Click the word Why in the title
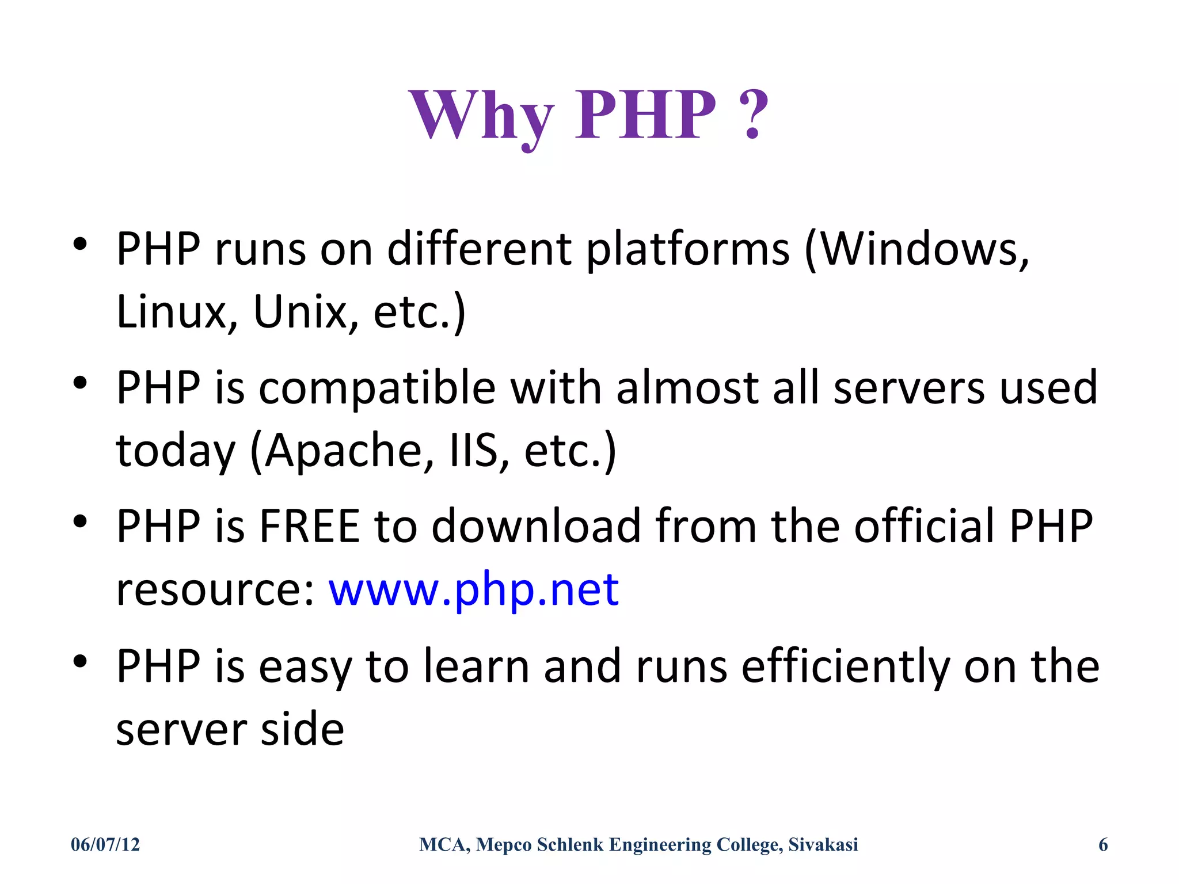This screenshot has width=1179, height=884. pos(481,115)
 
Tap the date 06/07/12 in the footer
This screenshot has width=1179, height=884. pos(105,844)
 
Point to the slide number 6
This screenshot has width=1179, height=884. pos(1103,844)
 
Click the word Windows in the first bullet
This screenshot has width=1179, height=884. pos(919,249)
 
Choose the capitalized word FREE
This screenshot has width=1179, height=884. pos(309,526)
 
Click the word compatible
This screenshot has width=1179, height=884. pos(377,387)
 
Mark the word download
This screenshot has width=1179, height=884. pos(536,526)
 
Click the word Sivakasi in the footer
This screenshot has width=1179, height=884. pos(823,844)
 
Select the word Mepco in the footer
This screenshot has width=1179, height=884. pos(504,844)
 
